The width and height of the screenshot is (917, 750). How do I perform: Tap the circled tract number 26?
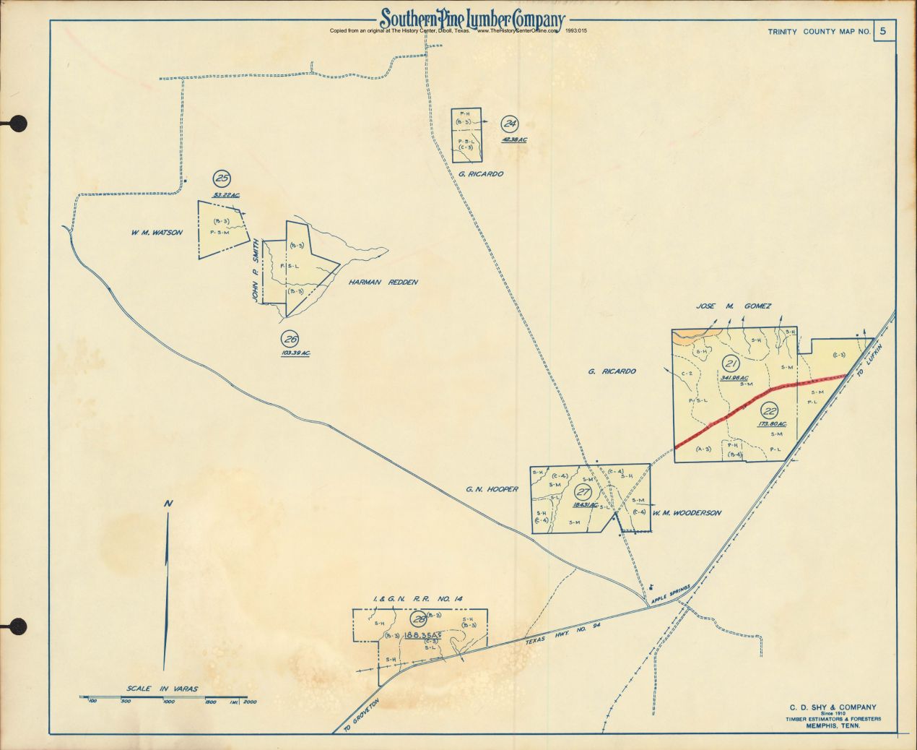tap(290, 339)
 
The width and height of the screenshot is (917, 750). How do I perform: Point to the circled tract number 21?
tap(730, 363)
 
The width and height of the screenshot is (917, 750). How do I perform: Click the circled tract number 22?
tap(770, 409)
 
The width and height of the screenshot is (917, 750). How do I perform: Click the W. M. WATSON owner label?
tap(157, 233)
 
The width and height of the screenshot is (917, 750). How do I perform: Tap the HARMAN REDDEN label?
tap(383, 283)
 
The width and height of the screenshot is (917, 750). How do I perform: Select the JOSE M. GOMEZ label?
tap(734, 306)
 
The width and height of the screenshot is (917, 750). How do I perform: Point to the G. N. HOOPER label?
tap(492, 489)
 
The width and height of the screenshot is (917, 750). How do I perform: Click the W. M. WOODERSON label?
tap(686, 513)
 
